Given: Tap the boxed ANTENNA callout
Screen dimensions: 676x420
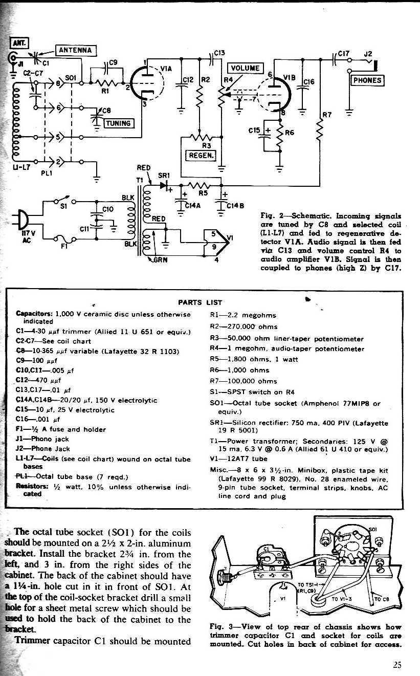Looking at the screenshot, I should coord(75,50).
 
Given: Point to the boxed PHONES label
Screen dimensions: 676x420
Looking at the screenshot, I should coord(367,80).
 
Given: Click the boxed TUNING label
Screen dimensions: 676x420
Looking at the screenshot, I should coord(119,123).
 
